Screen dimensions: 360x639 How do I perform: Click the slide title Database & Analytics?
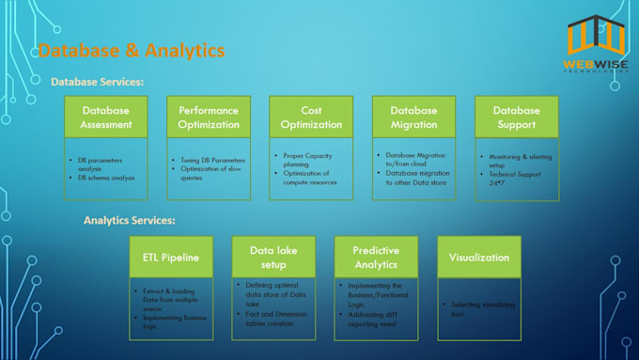point(131,50)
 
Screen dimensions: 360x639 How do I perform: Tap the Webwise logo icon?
point(597,38)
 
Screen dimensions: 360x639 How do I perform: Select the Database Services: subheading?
point(98,83)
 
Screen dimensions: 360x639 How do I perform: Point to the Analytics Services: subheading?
point(130,221)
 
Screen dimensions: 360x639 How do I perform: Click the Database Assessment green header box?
point(106,117)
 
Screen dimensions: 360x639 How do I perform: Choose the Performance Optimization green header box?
point(209,117)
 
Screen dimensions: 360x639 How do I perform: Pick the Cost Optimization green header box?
point(310,117)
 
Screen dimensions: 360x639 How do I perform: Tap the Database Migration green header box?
point(413,117)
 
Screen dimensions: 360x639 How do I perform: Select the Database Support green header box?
point(516,117)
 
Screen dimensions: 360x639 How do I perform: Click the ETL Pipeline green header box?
point(171,257)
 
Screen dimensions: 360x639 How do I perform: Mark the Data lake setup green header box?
point(273,257)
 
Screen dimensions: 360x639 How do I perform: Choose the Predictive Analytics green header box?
point(376,257)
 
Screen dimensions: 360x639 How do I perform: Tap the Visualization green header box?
point(479,257)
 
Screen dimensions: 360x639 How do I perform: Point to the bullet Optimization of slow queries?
point(210,172)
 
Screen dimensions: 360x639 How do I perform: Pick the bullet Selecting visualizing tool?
point(482,310)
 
